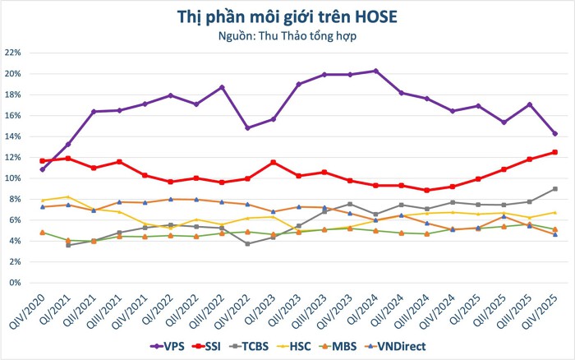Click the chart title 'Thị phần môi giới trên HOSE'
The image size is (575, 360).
(x=287, y=16)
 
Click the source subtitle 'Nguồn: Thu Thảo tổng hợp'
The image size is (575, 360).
(x=287, y=36)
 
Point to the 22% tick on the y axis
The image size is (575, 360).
(x=14, y=53)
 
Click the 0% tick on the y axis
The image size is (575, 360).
(x=17, y=283)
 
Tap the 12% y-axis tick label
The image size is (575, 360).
(x=14, y=157)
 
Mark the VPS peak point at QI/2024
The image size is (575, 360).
(x=375, y=71)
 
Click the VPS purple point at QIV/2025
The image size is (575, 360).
(x=554, y=133)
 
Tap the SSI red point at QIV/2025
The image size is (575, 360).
(x=554, y=152)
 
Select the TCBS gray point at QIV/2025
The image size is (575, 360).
(x=554, y=189)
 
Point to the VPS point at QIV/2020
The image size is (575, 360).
(x=42, y=169)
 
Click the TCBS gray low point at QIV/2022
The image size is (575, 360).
(x=247, y=243)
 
